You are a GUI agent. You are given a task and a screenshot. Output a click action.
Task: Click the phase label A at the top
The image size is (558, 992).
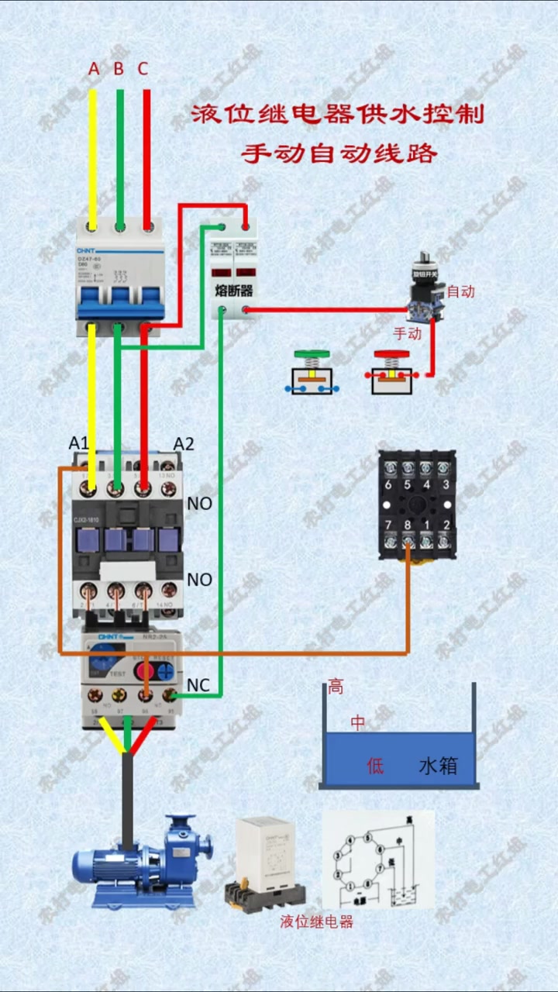(x=94, y=69)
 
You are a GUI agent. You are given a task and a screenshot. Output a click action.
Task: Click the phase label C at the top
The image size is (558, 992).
(x=143, y=69)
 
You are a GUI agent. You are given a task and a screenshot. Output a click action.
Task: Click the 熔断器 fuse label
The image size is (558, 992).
(x=234, y=291)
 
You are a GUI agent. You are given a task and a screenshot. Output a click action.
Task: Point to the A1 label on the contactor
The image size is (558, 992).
(x=79, y=443)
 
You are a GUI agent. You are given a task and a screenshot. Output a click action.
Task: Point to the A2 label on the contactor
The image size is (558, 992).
(x=184, y=443)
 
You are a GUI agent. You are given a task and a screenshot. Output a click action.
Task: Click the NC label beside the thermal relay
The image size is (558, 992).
(x=198, y=686)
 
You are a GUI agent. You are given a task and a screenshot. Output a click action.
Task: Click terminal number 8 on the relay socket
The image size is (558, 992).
(x=407, y=526)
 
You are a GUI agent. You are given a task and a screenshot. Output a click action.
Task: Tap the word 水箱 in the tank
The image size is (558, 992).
(x=438, y=766)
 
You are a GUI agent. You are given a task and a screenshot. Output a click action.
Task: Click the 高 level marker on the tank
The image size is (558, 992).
(x=336, y=687)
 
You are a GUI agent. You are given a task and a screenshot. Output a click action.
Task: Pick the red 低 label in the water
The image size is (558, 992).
(x=375, y=766)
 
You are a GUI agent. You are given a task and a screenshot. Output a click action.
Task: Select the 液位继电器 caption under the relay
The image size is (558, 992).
(x=316, y=922)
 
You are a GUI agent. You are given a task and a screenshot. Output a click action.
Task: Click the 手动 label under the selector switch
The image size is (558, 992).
(x=408, y=335)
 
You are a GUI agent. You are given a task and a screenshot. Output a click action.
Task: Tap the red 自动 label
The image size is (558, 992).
(x=460, y=292)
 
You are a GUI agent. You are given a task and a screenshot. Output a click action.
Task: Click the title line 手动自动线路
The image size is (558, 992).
(x=339, y=153)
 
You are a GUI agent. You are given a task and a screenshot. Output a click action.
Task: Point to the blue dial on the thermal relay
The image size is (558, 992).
(x=102, y=665)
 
